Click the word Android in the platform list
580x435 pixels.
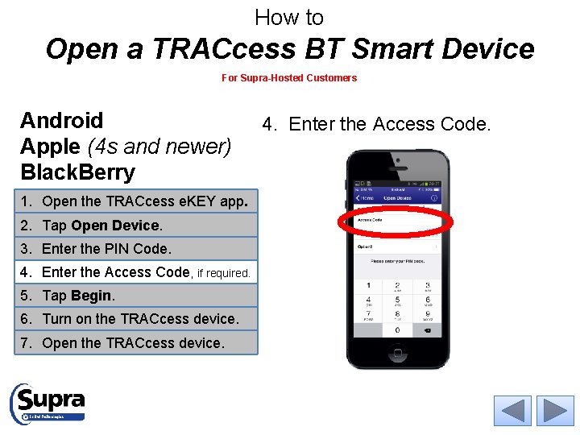pyautogui.click(x=62, y=121)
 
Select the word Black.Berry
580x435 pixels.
pyautogui.click(x=77, y=172)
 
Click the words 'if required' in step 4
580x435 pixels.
pyautogui.click(x=223, y=273)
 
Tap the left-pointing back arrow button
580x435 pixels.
pyautogui.click(x=512, y=411)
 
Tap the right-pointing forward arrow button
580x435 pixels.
pyautogui.click(x=555, y=411)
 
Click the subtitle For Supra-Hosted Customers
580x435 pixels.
pyautogui.click(x=289, y=78)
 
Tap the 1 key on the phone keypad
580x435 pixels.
pyautogui.click(x=369, y=286)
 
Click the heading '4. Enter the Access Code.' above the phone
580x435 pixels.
pyautogui.click(x=375, y=124)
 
